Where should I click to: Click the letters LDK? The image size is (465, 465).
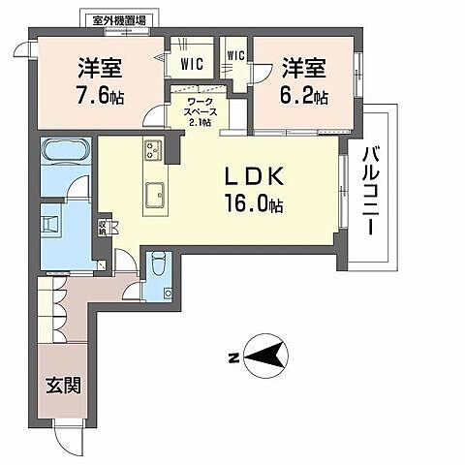coord(253,178)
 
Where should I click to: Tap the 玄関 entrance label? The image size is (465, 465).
coord(63,385)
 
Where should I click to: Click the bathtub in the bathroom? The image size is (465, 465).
coord(65,153)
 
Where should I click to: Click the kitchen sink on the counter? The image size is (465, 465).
coord(154,197)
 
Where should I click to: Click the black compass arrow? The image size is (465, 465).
coord(264,357)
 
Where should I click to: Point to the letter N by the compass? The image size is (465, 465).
coord(232,358)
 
